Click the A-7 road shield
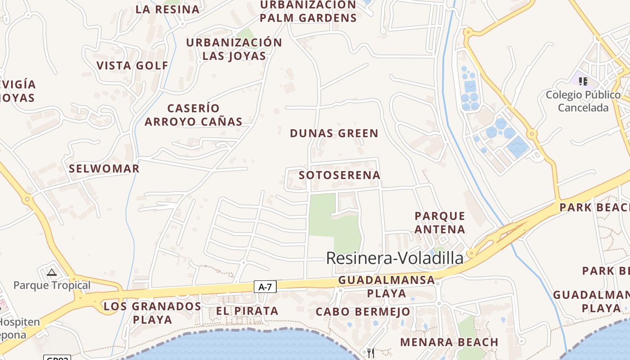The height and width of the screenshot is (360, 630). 265,287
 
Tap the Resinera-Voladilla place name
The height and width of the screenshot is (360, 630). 394,258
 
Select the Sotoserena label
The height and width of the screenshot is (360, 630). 340,175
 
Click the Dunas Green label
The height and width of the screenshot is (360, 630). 334,134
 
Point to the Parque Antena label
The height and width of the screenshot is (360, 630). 440,223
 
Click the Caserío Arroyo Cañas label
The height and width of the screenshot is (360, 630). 193,115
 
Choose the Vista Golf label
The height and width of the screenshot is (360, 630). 132,66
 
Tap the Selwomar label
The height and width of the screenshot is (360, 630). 104,169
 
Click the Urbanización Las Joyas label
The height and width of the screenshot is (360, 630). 234,49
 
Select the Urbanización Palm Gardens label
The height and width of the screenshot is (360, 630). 308,12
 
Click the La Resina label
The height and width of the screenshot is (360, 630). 167,9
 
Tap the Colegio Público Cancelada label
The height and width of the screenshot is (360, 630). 583,101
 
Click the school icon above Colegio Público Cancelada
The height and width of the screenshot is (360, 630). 583,81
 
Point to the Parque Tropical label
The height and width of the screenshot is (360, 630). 52,285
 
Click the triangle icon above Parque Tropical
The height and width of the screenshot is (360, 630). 52,272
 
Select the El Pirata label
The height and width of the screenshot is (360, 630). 247,311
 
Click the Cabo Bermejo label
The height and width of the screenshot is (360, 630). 363,312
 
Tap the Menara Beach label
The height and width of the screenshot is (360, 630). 449,342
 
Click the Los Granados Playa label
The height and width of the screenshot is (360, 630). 152,313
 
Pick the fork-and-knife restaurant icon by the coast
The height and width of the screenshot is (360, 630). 371,353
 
